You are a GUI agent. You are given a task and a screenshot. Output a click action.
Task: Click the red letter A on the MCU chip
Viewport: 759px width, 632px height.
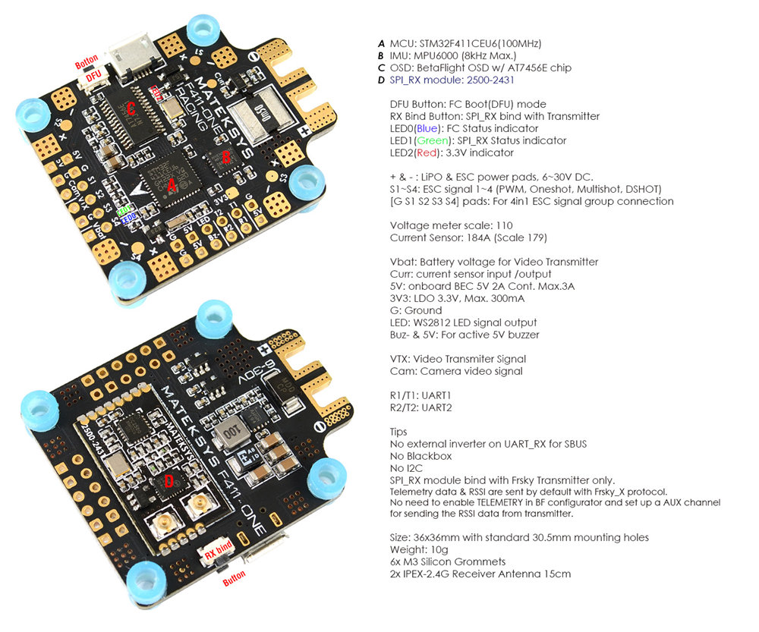[x=172, y=184]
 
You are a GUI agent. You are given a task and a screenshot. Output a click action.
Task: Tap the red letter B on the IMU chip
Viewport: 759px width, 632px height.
[x=225, y=158]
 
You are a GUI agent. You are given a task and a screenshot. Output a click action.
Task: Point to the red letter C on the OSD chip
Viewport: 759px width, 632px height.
[x=131, y=109]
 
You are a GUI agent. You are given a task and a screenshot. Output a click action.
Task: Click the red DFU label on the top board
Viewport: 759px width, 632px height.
[x=93, y=76]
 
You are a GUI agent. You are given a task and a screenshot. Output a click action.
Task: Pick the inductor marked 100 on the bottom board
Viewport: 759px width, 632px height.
[x=227, y=436]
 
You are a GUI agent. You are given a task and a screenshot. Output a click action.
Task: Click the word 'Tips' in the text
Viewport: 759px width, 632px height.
[x=398, y=432]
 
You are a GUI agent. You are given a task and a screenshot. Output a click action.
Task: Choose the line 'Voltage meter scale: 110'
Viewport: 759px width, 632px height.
[x=452, y=225]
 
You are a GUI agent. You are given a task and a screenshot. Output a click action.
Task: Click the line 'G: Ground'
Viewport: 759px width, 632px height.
[x=415, y=310]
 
